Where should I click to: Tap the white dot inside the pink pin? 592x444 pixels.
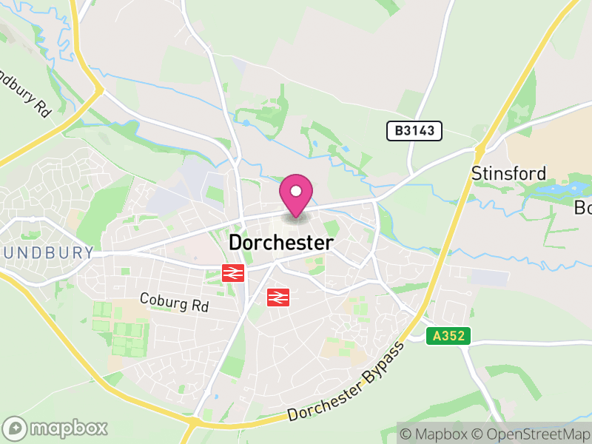(296, 191)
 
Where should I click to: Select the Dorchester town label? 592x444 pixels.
(281, 242)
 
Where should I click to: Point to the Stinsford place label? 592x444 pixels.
(509, 174)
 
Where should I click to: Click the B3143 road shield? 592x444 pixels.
(414, 131)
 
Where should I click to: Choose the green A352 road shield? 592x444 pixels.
(449, 336)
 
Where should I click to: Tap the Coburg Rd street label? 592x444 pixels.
(175, 303)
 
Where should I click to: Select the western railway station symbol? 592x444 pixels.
(233, 273)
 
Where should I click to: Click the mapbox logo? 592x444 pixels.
(56, 428)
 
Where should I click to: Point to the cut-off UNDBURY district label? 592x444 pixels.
(47, 252)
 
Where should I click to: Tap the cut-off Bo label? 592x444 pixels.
(582, 208)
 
